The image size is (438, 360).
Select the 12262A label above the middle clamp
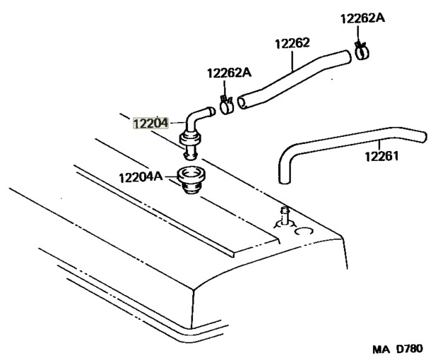pos(228,73)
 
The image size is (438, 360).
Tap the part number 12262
pos(292,44)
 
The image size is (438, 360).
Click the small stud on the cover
pos(285,215)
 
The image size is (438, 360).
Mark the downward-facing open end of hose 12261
pos(285,178)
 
